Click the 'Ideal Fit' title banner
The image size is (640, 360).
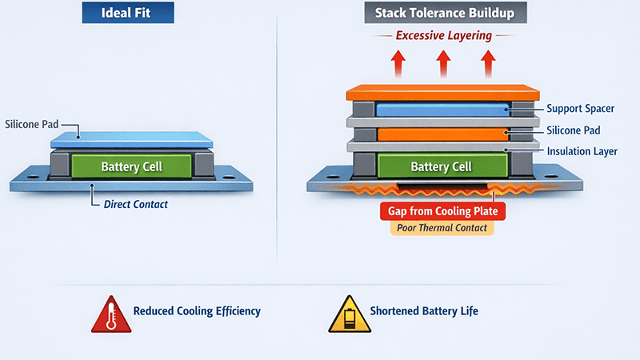tap(128, 14)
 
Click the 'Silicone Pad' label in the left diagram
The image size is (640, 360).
tap(31, 125)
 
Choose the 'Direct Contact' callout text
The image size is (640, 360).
tap(135, 205)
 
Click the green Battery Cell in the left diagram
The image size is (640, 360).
tap(131, 166)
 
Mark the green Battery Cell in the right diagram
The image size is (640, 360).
tap(442, 166)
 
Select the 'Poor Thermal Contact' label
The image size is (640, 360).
tap(442, 228)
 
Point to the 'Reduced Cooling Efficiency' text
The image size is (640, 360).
tap(197, 311)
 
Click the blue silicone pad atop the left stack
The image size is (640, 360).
tap(131, 140)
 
